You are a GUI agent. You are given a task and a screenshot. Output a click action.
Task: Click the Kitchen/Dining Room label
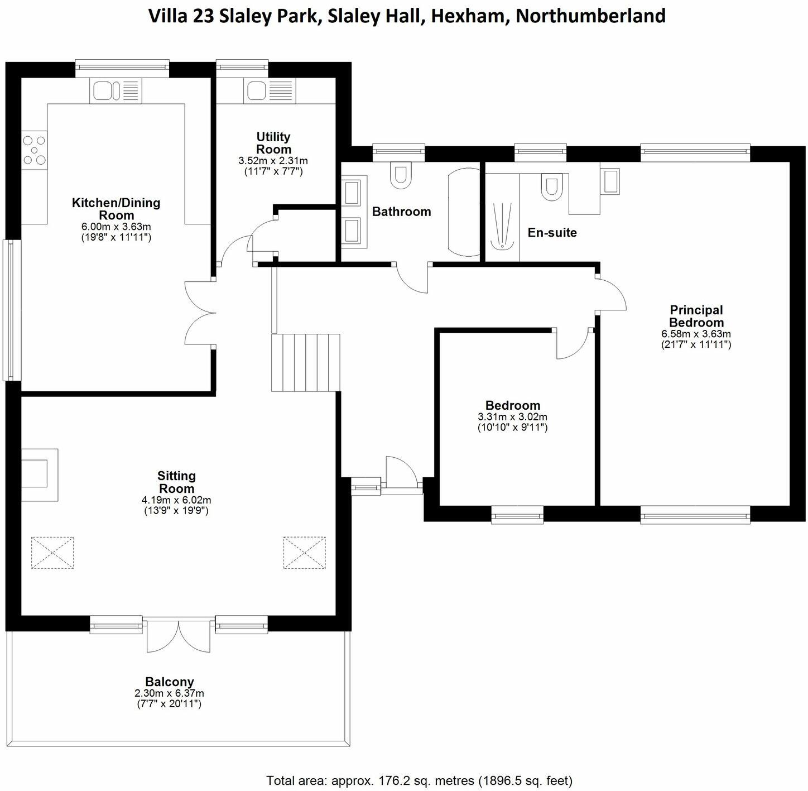pos(116,209)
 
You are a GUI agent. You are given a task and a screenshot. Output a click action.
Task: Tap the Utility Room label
pos(273,143)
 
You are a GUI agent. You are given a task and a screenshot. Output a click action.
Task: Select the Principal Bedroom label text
pos(696,316)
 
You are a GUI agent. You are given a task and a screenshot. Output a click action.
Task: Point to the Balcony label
pos(169,682)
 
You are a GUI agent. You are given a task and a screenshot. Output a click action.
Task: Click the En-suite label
pos(552,232)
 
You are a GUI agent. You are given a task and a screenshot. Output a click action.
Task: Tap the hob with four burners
pos(34,150)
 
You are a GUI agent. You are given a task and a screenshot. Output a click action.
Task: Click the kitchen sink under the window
pos(116,90)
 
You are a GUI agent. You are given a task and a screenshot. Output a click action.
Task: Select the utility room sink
pos(270,90)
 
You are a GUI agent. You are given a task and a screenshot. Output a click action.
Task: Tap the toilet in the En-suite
pos(551,188)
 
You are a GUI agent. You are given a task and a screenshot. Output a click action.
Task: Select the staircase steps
pos(306,362)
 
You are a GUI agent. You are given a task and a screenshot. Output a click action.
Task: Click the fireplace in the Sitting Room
pos(39,474)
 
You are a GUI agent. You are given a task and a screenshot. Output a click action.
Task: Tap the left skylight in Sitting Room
pos(52,553)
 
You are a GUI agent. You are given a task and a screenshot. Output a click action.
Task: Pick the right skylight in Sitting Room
pos(304,553)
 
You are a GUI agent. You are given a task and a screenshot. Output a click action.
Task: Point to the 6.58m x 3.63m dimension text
pos(696,334)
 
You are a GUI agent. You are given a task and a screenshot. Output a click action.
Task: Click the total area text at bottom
pos(419,780)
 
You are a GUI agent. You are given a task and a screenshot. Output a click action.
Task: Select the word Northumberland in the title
pos(590,16)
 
